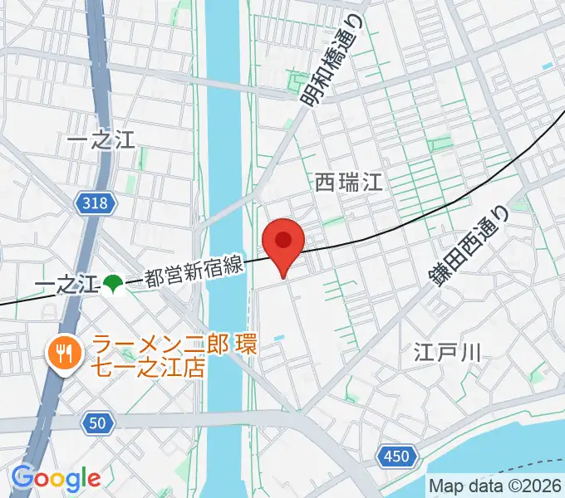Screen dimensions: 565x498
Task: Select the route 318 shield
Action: click(x=95, y=203)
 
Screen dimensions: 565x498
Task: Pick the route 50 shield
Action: click(x=97, y=423)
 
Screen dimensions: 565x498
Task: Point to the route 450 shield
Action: click(x=396, y=455)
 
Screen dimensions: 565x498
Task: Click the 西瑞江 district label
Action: click(x=349, y=182)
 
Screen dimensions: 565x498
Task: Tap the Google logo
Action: click(x=56, y=477)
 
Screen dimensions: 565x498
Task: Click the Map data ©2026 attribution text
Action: click(x=494, y=486)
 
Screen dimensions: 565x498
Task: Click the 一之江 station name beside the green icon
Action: click(x=66, y=286)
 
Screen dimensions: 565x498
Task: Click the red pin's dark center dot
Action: click(x=283, y=240)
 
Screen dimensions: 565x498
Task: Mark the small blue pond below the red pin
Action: click(x=278, y=337)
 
